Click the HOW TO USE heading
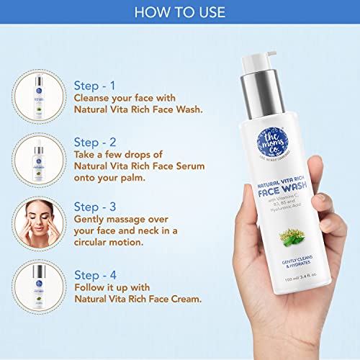click(180, 12)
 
